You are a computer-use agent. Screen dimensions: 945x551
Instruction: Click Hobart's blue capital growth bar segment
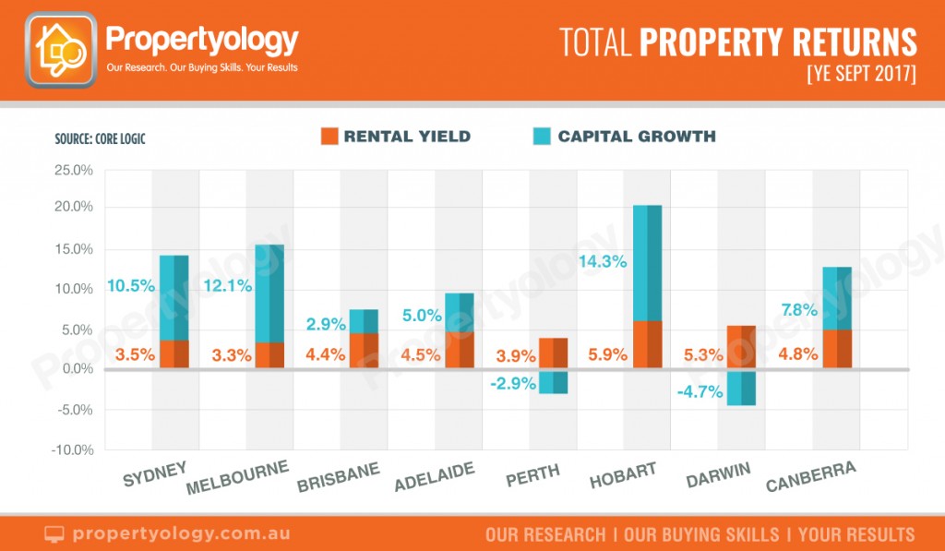click(647, 263)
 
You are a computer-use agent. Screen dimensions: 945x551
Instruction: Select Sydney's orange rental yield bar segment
click(174, 353)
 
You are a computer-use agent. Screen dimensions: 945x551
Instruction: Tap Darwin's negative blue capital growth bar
click(741, 388)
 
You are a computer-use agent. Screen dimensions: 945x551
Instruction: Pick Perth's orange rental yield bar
click(554, 353)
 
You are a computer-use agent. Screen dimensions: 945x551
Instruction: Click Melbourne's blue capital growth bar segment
click(269, 293)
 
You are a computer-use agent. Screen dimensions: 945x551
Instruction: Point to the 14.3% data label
click(603, 261)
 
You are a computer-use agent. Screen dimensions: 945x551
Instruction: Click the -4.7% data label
click(700, 392)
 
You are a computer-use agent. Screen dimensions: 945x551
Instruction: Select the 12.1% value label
click(228, 285)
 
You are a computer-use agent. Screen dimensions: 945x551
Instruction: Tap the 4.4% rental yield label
click(326, 353)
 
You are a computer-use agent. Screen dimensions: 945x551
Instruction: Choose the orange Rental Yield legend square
click(329, 137)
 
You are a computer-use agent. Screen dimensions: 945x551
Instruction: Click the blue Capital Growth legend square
click(542, 137)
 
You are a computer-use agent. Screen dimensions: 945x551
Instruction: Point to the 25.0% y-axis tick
click(74, 170)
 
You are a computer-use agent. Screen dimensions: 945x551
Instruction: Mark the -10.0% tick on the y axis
click(72, 449)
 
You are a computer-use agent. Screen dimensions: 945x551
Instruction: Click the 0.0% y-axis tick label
click(78, 368)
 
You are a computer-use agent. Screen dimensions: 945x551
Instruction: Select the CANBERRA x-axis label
click(811, 476)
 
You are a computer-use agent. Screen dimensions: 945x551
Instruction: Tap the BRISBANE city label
click(339, 477)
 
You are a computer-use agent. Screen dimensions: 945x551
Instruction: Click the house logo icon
click(61, 50)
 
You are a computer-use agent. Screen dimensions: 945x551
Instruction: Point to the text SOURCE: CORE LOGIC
click(100, 138)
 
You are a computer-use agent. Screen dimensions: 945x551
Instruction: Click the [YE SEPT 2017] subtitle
click(862, 74)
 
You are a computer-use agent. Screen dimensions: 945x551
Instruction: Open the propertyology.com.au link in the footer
click(181, 533)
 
